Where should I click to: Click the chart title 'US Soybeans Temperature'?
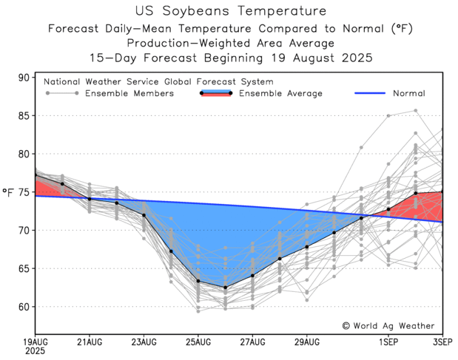coord(231,11)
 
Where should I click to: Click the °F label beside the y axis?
coord(8,192)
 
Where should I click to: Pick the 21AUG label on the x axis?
coord(89,342)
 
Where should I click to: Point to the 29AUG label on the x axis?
coord(306,342)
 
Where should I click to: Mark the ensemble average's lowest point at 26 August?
coord(225,288)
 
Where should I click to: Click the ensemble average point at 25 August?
coord(198,281)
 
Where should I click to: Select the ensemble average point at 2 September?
coord(416,193)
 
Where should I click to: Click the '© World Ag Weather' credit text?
coord(388,325)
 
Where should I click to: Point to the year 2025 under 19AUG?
coord(35,352)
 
